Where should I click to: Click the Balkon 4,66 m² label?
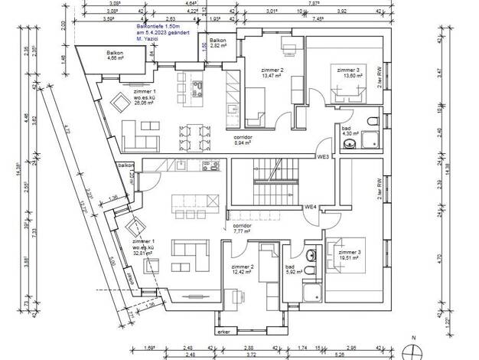coord(116,55)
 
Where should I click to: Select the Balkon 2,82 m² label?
coord(217,43)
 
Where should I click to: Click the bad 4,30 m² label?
coord(347,132)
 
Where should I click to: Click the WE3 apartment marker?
coord(323,157)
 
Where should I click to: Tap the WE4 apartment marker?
coord(311,207)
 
